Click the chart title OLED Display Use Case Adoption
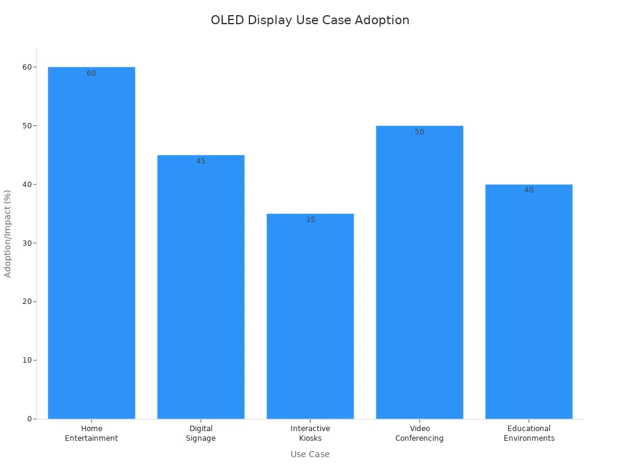click(x=310, y=20)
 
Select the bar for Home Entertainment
click(x=91, y=242)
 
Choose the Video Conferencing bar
click(x=420, y=272)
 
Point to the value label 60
click(x=91, y=73)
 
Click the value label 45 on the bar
click(x=201, y=161)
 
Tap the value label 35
click(x=310, y=220)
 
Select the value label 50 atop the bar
click(x=420, y=132)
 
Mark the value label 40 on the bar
click(x=529, y=190)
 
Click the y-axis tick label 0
click(x=29, y=419)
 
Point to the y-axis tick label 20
click(x=27, y=302)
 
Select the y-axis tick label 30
click(x=27, y=243)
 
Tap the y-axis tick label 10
click(x=27, y=360)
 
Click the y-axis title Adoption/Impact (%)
click(x=8, y=234)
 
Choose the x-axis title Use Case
click(x=310, y=454)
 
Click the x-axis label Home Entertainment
click(x=91, y=434)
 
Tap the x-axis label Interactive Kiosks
click(x=310, y=434)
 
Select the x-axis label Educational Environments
click(x=529, y=434)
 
